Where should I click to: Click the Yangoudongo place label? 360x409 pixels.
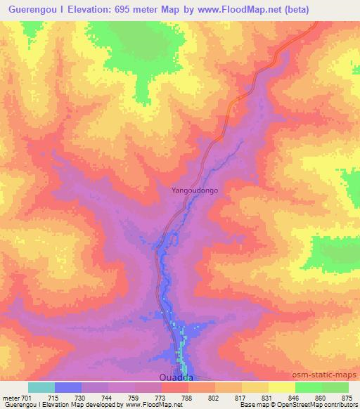pyautogui.click(x=195, y=190)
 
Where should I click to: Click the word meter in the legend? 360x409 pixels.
pyautogui.click(x=11, y=398)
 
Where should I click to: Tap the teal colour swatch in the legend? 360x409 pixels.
pyautogui.click(x=41, y=387)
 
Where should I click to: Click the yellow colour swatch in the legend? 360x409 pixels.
pyautogui.click(x=281, y=387)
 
